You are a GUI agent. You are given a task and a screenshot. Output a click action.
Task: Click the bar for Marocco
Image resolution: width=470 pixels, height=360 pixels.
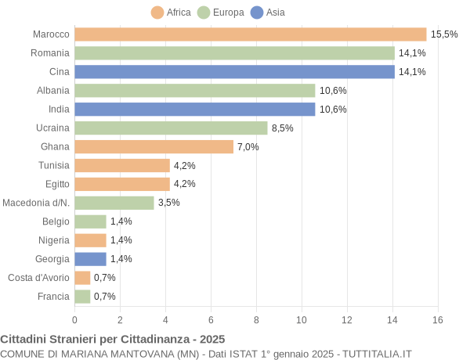point(251,34)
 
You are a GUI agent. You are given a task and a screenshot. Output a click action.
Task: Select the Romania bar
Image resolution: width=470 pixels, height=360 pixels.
point(235,53)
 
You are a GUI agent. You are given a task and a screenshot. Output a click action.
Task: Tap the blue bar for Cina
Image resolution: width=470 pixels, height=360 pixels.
point(235,72)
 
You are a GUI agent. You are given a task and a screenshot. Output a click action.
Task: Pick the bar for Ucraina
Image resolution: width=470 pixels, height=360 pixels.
point(172,128)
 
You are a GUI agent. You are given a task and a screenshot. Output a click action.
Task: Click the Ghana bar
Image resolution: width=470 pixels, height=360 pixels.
point(154,146)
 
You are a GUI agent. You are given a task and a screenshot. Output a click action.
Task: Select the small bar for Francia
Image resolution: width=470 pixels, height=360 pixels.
point(83,296)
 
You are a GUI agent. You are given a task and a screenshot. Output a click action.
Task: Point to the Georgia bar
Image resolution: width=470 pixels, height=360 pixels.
point(91,258)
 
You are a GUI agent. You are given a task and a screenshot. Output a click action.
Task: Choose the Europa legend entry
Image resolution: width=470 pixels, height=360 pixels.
point(221,13)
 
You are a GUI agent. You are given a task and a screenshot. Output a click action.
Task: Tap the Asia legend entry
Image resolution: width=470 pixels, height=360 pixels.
point(268,13)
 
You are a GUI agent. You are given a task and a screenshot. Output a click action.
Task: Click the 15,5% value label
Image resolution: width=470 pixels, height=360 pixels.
point(444,34)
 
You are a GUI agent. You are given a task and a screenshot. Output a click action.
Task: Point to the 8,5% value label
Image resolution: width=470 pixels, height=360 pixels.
point(283,128)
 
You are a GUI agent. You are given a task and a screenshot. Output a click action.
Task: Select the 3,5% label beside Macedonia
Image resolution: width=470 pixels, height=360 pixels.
point(169,203)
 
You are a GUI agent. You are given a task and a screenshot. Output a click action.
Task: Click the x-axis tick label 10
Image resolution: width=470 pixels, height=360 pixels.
point(302,319)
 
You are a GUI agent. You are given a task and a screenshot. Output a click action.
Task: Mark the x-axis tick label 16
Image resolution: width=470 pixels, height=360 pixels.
point(438,319)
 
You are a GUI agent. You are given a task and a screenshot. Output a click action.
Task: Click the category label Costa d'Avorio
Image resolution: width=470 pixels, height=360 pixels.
point(38,277)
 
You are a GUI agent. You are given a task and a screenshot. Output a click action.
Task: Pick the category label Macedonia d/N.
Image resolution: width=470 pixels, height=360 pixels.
point(36,203)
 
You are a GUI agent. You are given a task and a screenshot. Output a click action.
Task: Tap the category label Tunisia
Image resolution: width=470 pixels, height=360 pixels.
point(54,165)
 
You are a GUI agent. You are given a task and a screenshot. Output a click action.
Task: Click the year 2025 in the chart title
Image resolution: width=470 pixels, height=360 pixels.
point(211,339)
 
